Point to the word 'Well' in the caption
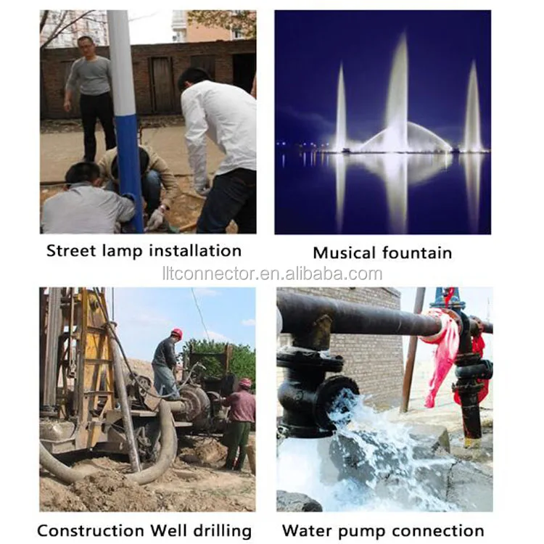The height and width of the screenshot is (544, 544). [168, 530]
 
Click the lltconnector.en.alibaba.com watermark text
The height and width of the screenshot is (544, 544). [272, 273]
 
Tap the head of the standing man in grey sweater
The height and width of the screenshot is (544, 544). [86, 46]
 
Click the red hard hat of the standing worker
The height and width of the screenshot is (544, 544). [177, 333]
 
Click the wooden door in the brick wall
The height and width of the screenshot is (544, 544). [162, 84]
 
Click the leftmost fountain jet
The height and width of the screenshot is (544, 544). [341, 107]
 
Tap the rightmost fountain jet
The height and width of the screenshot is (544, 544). [473, 107]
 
